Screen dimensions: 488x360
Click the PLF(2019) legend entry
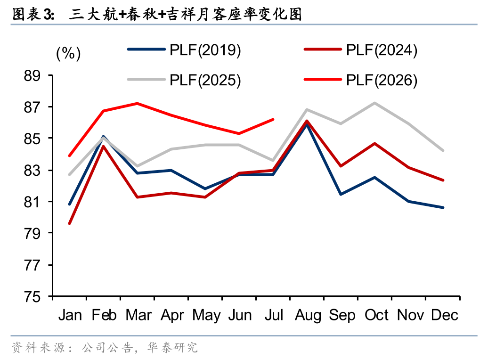184,50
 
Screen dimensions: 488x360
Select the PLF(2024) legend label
382,50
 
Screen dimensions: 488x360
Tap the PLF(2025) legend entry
184,80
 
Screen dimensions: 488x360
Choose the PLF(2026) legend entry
361,80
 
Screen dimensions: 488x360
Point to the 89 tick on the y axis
32,76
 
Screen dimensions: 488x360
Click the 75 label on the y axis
32,296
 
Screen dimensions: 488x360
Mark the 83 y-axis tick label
32,171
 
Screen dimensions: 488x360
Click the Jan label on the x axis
70,315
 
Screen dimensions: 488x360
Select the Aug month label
308,315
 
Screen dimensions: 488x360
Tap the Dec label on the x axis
445,315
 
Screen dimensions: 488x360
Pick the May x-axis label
206,315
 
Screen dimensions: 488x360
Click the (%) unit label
68,53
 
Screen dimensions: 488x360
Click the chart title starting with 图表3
157,14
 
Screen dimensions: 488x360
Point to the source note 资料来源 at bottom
105,347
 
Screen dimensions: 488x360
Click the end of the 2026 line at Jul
273,119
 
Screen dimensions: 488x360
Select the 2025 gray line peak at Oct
375,103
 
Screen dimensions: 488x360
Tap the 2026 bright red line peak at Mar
137,103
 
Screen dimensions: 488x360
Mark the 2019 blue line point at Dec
443,207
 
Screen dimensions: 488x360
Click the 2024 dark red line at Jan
69,224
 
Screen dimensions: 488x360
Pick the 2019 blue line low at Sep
341,194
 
